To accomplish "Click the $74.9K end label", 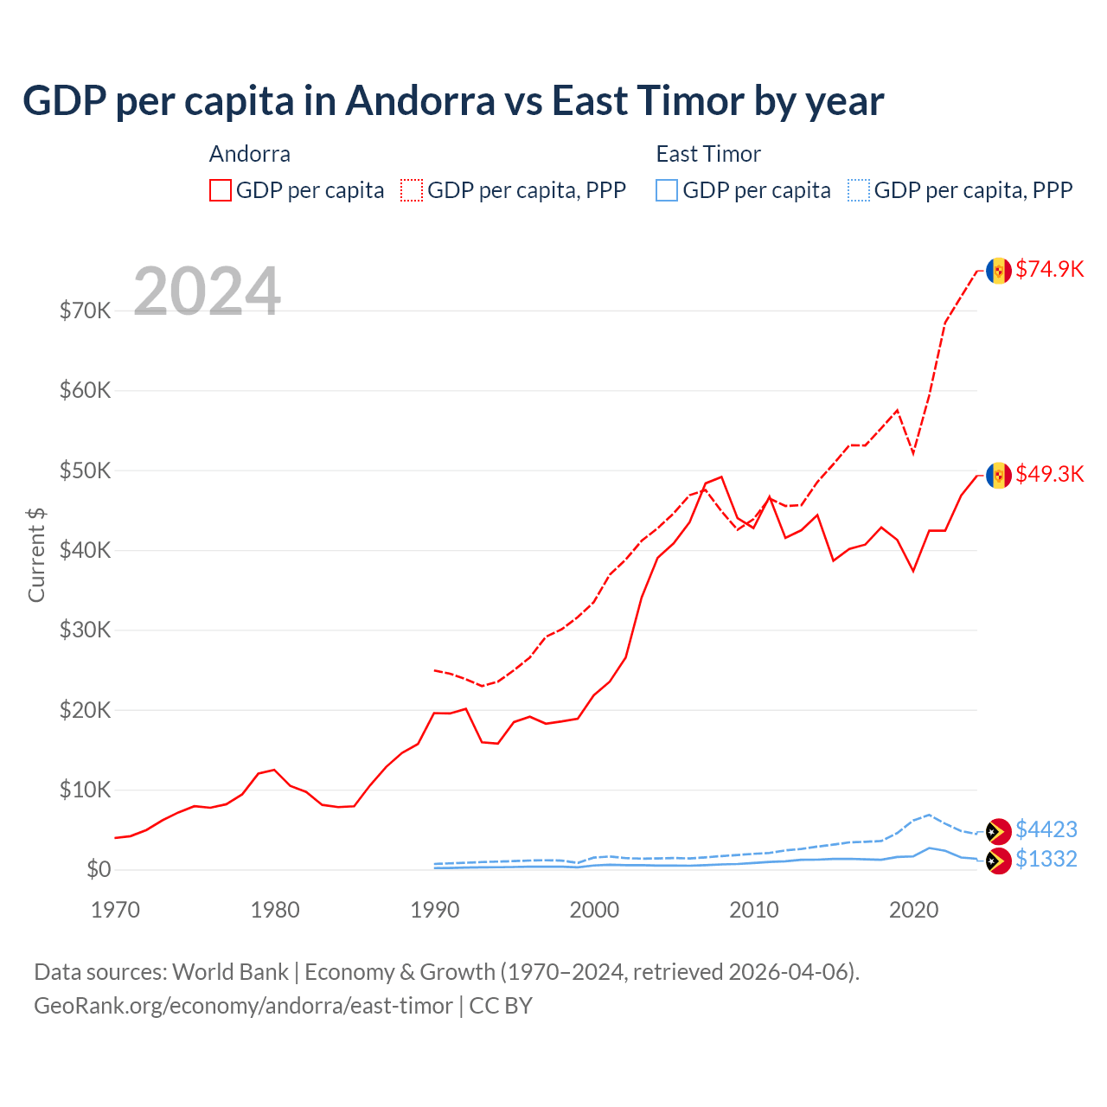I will click(x=1049, y=269).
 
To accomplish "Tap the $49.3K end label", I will click(x=1049, y=474).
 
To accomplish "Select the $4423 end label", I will click(x=1046, y=829).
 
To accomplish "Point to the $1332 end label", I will click(x=1046, y=859).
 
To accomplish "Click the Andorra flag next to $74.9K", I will click(x=999, y=271).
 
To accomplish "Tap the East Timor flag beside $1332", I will click(x=999, y=861).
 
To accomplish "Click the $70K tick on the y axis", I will click(x=85, y=310).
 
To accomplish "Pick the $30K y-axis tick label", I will click(x=85, y=630).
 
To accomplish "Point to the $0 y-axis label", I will click(x=99, y=869).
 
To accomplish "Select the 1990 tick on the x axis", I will click(x=435, y=910).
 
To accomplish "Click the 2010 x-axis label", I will click(x=754, y=910).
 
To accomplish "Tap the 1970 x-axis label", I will click(x=116, y=910).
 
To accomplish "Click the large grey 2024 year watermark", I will click(x=207, y=291).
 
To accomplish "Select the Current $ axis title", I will click(x=36, y=554).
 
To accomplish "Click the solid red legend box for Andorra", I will click(x=221, y=190).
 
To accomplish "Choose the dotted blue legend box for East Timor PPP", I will click(x=859, y=190).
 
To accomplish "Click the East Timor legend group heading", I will click(x=708, y=154).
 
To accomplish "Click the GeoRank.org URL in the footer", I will click(x=243, y=1006).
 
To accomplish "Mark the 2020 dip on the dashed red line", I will click(x=913, y=453).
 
